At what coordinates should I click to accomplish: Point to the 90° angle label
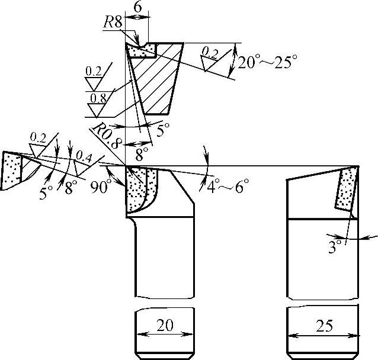point(101,187)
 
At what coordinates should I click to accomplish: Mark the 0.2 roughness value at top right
point(209,54)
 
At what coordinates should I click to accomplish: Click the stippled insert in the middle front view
point(138,189)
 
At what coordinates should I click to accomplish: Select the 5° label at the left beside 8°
point(46,194)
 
